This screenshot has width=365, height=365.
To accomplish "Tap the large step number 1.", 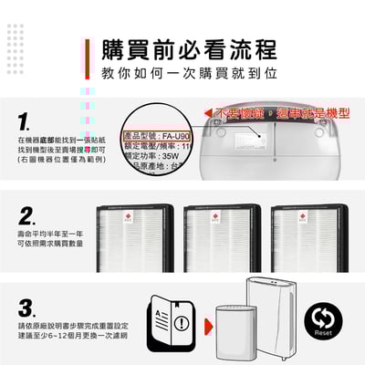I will coord(26,122).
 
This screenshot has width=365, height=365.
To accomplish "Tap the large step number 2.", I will coord(26,216).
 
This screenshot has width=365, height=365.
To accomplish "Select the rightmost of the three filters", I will coord(309,239).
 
